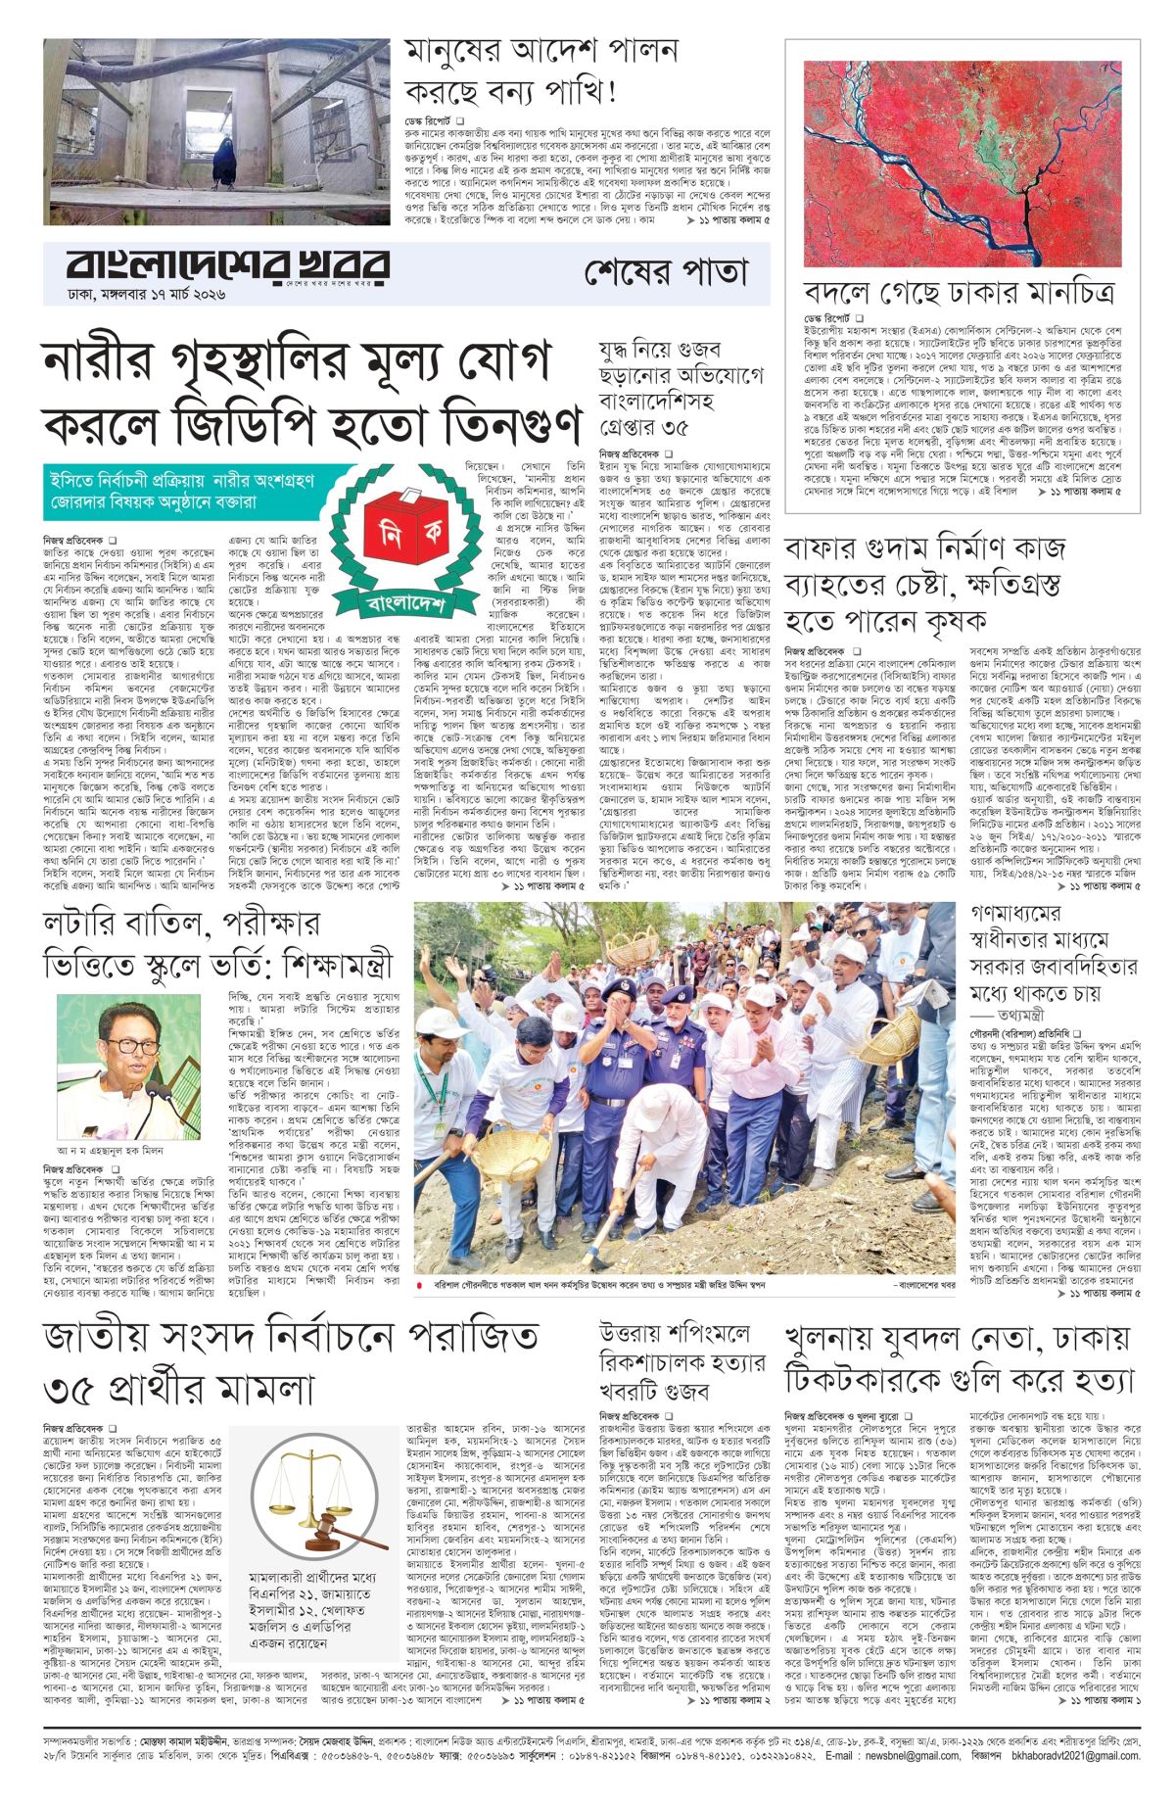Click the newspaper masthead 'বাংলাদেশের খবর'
(x=227, y=266)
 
